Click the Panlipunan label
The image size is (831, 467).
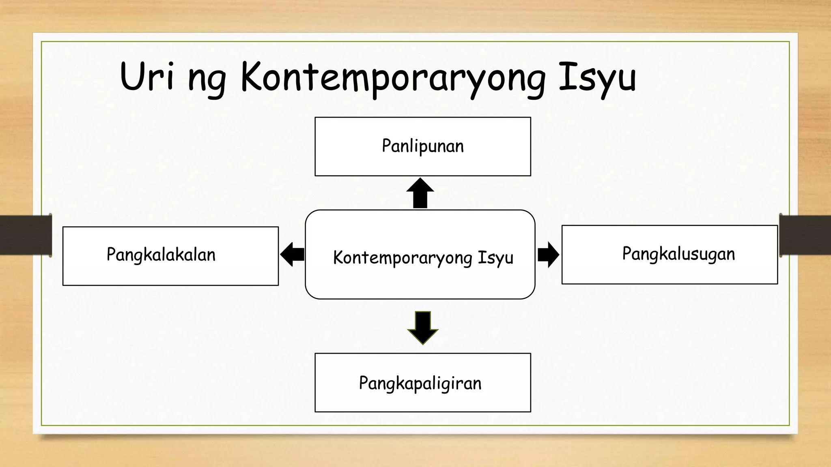point(423,146)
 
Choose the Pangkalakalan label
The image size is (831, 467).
point(161,255)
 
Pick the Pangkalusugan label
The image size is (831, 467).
point(678,254)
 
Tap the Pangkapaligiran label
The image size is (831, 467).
point(420,383)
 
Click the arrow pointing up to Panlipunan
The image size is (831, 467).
point(420,193)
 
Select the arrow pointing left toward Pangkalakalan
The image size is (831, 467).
point(292,254)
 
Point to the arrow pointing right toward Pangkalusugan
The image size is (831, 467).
point(548,255)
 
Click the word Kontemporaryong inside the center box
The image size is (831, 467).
point(403,258)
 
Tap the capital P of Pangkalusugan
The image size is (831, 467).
point(627,253)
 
